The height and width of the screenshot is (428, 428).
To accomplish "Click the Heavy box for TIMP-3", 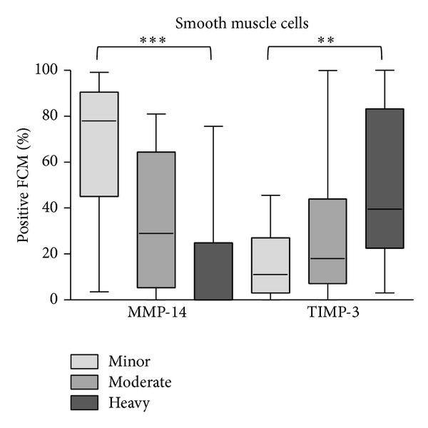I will [x=384, y=178].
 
